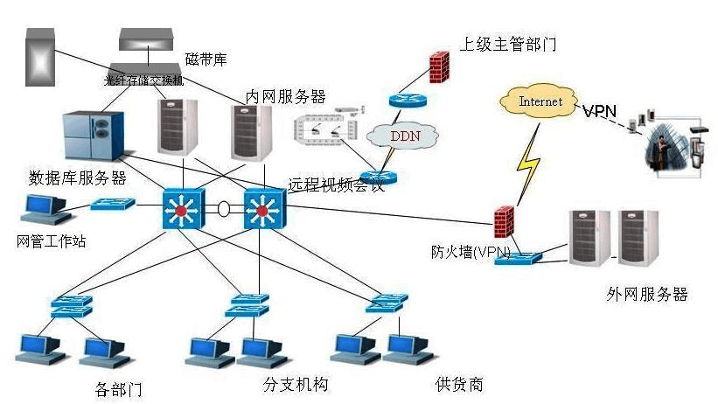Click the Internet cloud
[540, 101]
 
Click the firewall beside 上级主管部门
[439, 66]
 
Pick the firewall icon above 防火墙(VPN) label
[502, 223]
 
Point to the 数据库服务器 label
[78, 178]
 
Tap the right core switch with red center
[260, 210]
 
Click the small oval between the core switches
[223, 210]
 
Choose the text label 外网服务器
[646, 294]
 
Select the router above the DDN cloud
[406, 101]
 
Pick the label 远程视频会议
[336, 185]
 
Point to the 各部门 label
[118, 387]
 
